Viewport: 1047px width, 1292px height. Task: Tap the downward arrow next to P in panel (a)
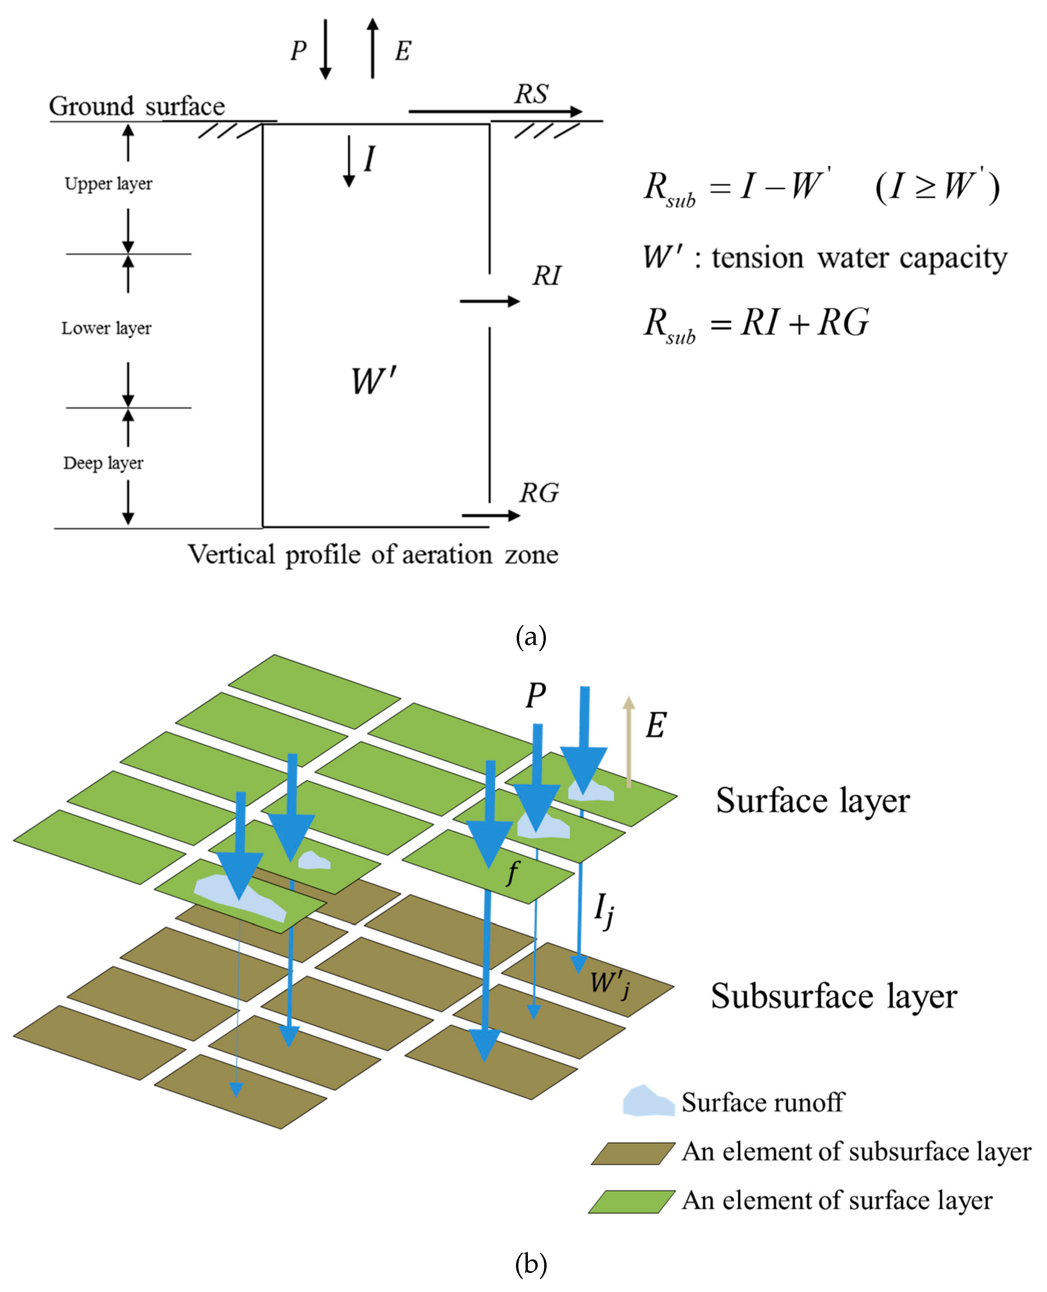coord(325,50)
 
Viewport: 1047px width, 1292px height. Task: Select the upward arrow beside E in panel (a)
coord(373,48)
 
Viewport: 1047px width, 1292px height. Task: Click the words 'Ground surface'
coord(137,107)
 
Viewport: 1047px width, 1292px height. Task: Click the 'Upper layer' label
coord(109,183)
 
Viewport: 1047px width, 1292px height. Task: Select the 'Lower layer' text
coord(106,328)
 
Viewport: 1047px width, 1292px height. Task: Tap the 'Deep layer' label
coord(103,463)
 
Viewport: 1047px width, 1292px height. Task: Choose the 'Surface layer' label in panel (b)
coord(812,802)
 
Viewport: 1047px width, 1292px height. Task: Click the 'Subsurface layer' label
coord(833,996)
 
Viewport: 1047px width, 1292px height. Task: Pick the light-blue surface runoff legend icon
coord(648,1101)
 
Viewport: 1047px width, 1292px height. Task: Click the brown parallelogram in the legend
coord(633,1153)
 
